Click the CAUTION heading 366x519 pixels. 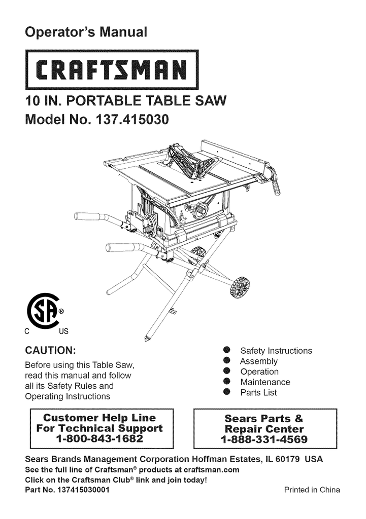(51, 351)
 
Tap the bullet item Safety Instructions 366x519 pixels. (276, 351)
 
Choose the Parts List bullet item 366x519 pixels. (259, 393)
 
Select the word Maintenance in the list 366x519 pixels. (265, 382)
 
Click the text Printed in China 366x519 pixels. (312, 490)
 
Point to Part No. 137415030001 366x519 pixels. (66, 490)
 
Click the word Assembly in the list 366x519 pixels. (259, 361)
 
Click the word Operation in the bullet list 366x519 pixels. (259, 372)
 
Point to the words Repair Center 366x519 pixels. (264, 428)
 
